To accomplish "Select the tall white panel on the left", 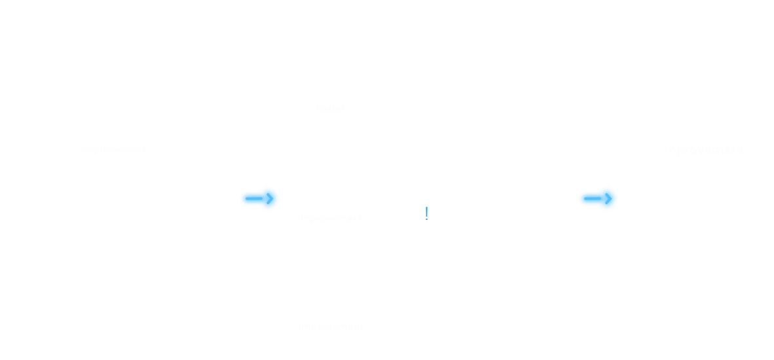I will tap(117, 249).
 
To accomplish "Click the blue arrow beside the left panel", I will tap(260, 198).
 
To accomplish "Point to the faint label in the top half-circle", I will tap(329, 107).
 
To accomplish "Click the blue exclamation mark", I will tap(426, 213).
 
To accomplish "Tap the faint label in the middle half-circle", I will tap(329, 217).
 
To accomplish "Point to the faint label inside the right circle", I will tap(703, 150).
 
